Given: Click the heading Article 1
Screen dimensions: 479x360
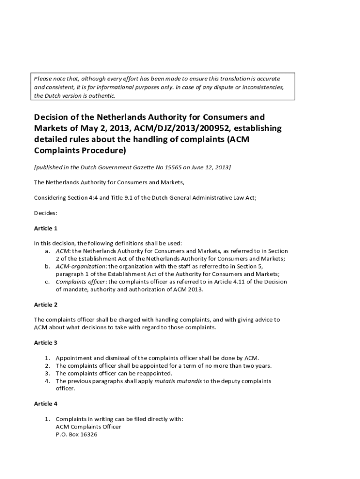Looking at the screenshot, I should (x=45, y=228).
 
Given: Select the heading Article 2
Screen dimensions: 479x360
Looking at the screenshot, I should (x=45, y=305).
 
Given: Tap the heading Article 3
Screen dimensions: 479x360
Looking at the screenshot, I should (x=45, y=342).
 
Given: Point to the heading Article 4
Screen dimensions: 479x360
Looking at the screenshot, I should (x=45, y=403).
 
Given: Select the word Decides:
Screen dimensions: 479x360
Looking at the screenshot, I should (x=45, y=213).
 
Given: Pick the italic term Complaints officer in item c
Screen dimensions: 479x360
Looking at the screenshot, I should (x=80, y=282).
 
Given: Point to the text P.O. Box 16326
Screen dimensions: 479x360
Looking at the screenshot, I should (x=76, y=434).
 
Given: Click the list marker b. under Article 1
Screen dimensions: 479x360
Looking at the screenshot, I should (x=47, y=266).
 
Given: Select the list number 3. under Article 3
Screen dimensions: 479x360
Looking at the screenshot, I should (x=47, y=373).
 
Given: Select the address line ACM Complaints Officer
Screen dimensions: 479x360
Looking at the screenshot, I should (x=88, y=427).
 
